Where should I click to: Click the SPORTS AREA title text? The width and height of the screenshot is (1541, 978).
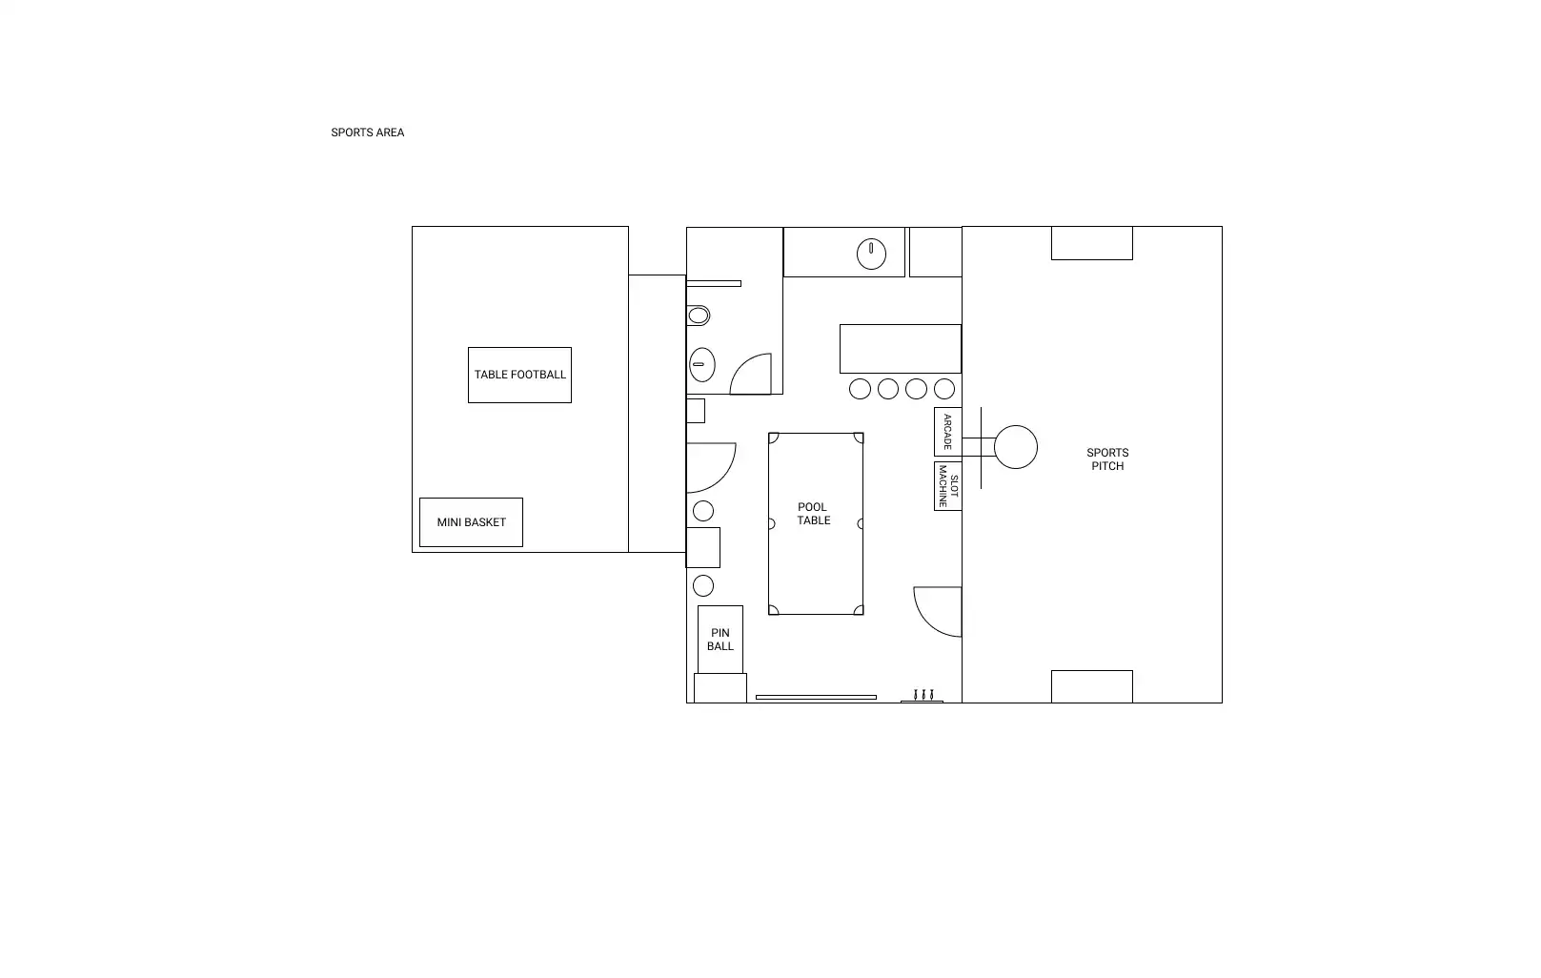(367, 132)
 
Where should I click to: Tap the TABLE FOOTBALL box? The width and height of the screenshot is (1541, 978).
(519, 376)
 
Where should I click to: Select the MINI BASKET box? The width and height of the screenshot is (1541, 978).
(471, 522)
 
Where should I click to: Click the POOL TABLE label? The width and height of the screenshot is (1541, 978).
(813, 514)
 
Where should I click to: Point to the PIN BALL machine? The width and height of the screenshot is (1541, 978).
(720, 640)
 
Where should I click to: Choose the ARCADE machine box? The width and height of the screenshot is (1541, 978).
(948, 432)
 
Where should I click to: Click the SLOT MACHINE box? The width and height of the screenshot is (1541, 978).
(948, 486)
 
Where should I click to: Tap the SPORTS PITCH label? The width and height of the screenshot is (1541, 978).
(1107, 459)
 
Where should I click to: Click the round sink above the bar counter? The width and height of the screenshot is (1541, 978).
(871, 254)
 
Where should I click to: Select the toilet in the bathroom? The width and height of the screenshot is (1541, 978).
(698, 316)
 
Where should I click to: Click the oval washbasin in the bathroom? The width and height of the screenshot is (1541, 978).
(701, 365)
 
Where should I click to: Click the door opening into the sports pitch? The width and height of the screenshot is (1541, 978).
(926, 622)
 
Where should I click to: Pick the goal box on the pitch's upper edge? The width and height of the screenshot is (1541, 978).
(1092, 243)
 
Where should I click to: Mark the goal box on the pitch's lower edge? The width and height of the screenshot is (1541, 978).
(1092, 687)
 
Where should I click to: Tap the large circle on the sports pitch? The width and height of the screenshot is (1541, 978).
(1015, 447)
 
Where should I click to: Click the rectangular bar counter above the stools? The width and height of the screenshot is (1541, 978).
(901, 349)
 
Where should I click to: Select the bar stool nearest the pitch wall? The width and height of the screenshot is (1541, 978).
(943, 389)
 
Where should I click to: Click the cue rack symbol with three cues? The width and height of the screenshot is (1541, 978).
(923, 696)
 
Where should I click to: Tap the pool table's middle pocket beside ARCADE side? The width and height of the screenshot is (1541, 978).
(861, 523)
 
